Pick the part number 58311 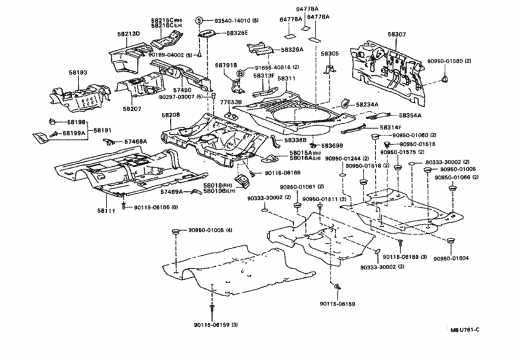tap(286, 79)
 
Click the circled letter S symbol tap(199, 21)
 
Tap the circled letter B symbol tap(241, 74)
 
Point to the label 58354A tap(410, 115)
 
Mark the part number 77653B tap(231, 102)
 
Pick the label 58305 tap(330, 54)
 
